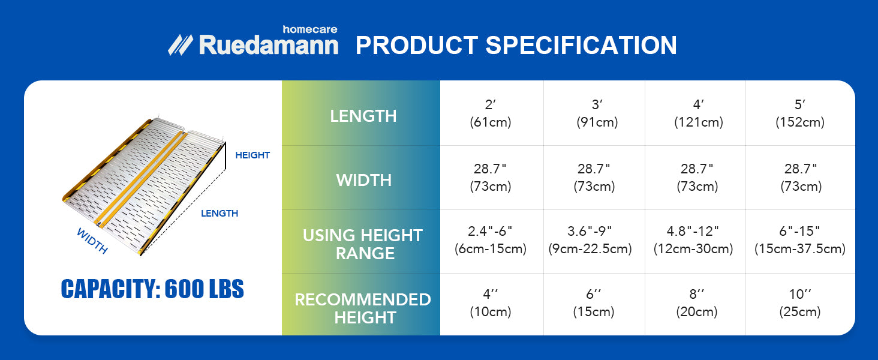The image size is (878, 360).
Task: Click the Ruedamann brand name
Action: pos(269,45)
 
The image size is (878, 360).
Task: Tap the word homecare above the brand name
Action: pos(309,29)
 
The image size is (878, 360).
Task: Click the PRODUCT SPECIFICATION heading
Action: pos(516,45)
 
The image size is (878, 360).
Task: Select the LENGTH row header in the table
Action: pos(363,116)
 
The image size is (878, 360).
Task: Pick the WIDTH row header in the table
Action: pos(364,181)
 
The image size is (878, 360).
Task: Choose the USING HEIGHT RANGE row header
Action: pos(363,244)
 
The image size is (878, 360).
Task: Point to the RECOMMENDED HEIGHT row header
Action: pos(363,308)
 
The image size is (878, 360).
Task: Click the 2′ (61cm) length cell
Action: pos(491,113)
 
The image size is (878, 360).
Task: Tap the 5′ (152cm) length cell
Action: pos(800,113)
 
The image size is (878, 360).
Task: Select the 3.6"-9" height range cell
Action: pos(590,239)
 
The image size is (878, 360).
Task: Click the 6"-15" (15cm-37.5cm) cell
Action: pos(799,239)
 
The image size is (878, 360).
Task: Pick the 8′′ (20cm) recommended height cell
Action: pos(696,303)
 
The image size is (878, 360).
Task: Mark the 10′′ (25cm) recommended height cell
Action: pos(799,303)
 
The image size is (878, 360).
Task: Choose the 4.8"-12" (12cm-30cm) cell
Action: pos(693,239)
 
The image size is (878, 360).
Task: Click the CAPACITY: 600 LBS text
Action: pos(152,289)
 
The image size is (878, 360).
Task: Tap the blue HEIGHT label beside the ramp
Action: pos(252,155)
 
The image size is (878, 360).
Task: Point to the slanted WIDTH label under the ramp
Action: pos(92,241)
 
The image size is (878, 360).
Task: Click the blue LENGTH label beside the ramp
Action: pos(220,214)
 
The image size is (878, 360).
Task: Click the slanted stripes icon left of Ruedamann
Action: pos(181,45)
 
